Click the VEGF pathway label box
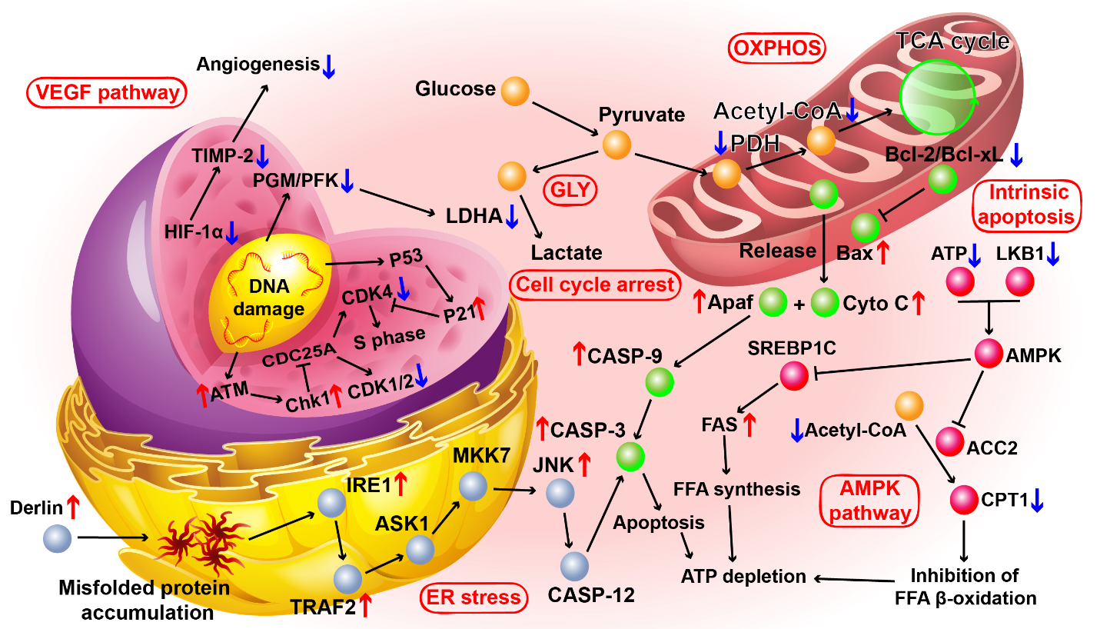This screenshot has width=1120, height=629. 107,93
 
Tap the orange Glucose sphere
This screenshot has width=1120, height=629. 515,91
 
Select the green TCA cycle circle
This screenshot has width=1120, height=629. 938,97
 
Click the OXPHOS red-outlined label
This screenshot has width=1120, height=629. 776,48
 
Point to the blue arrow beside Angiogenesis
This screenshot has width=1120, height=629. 329,66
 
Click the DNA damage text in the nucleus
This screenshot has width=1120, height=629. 268,298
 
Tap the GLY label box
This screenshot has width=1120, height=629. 570,190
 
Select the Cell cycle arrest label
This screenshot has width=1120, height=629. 595,285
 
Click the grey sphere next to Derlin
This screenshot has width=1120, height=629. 58,538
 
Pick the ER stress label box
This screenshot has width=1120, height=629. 474,597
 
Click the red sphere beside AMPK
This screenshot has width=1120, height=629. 989,354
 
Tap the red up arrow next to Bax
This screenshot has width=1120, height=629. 883,252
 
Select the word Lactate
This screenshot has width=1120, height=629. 567,252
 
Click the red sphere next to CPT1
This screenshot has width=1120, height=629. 964,500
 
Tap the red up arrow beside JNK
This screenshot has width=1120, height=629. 584,464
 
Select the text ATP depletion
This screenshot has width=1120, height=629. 743,577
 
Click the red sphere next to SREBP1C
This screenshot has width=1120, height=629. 794,376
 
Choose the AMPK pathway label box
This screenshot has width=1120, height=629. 869,501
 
